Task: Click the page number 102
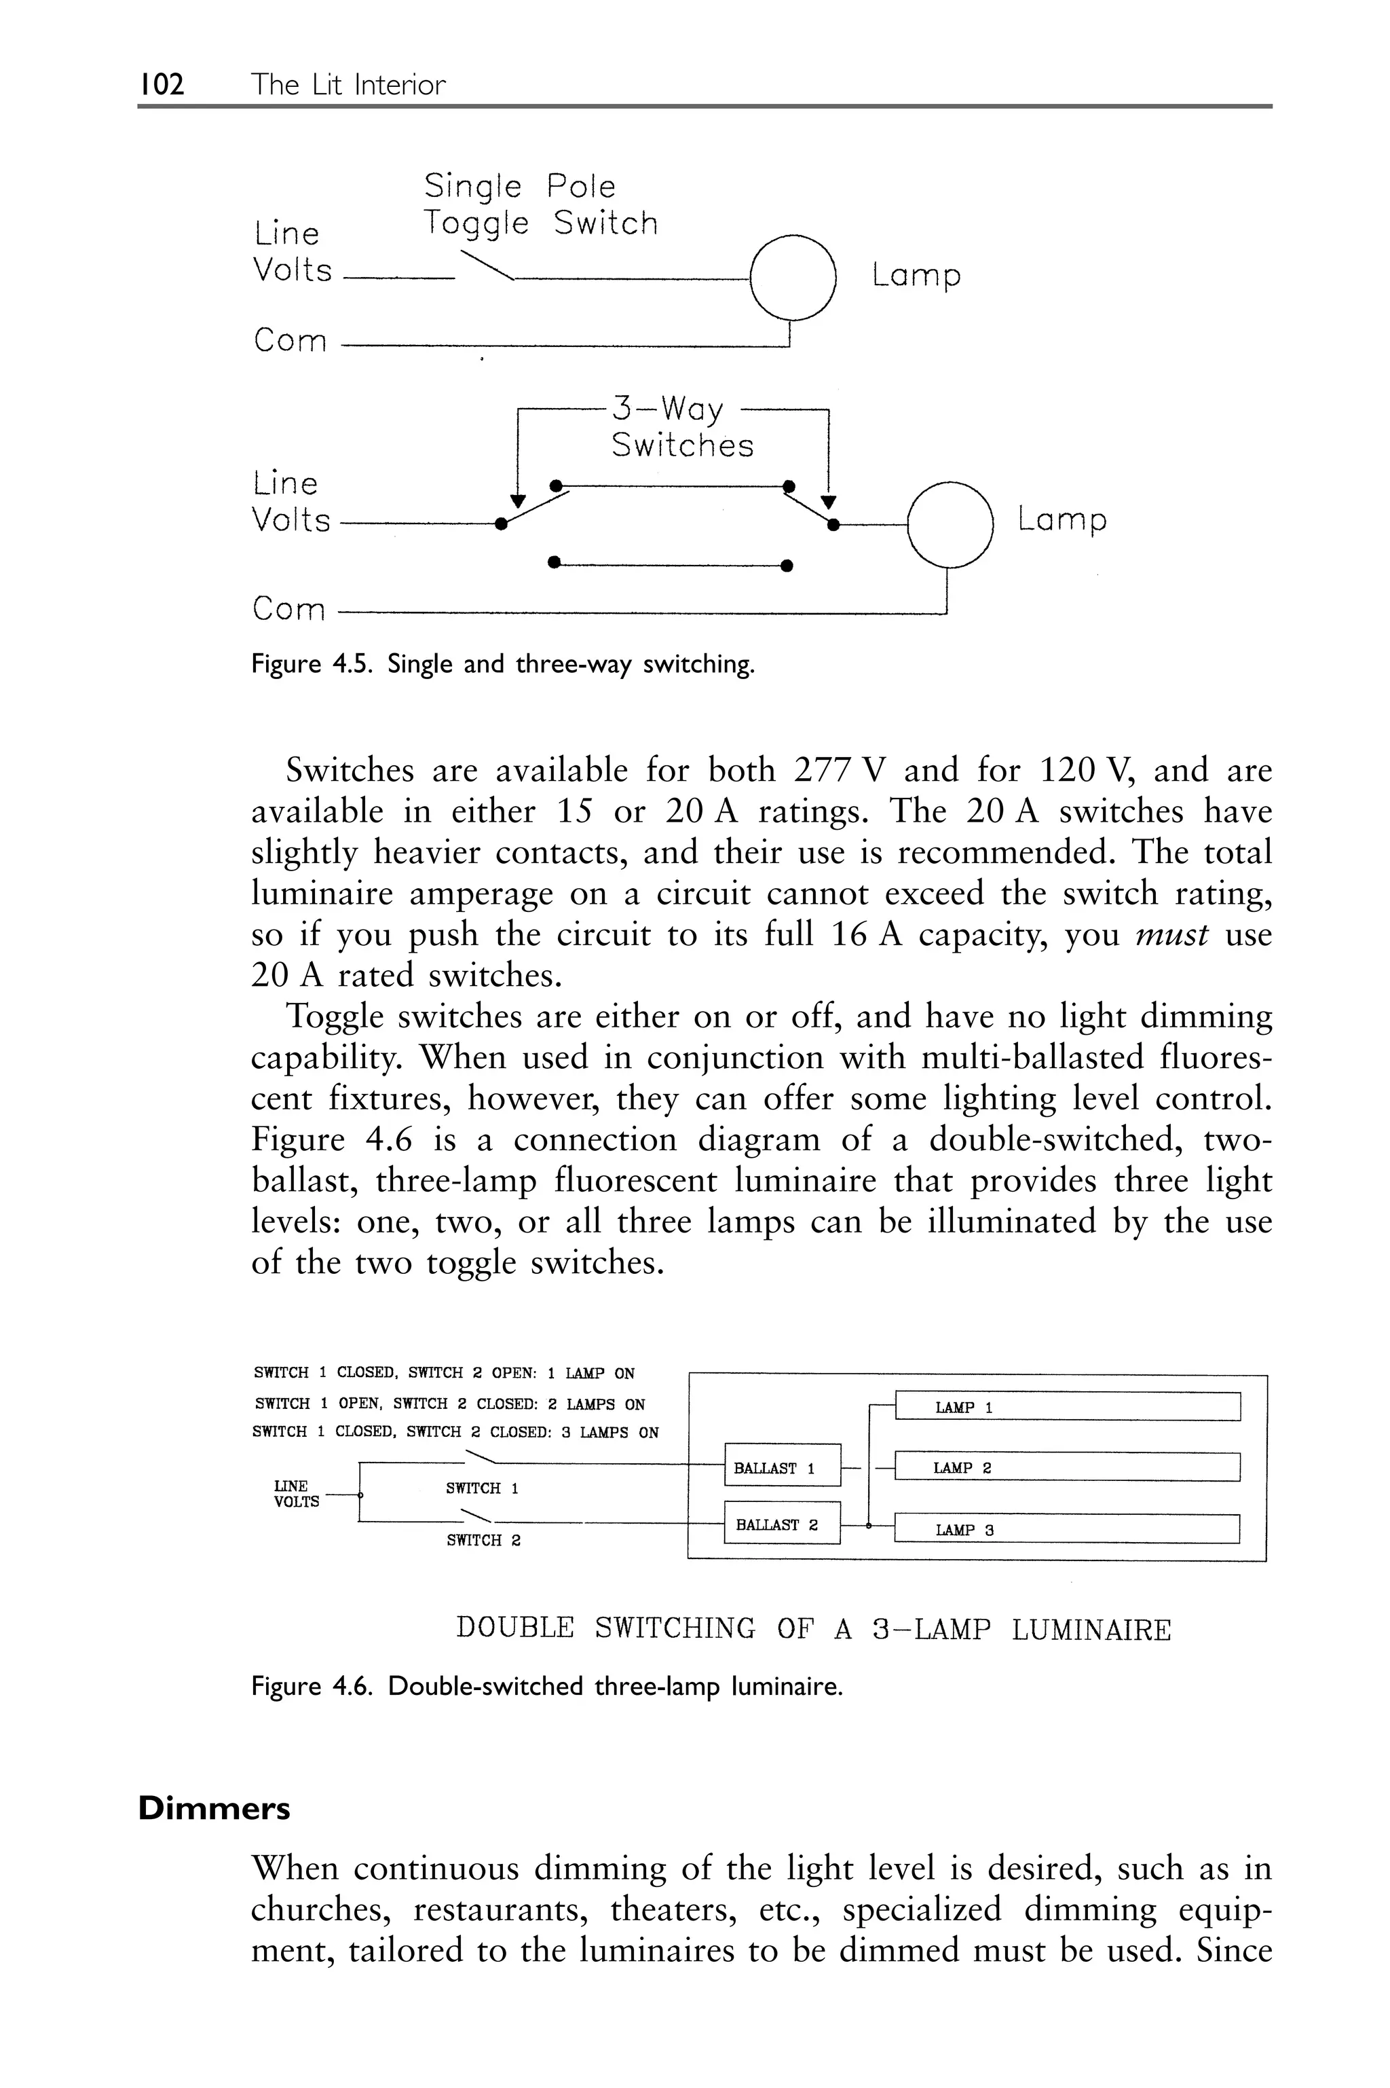162,85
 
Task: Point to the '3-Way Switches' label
681,427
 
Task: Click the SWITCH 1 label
481,1488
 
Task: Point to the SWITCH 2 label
483,1541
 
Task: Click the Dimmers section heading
214,1809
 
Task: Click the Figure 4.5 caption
503,664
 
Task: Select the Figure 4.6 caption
546,1687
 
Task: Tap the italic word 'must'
1171,934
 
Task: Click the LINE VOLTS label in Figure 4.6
295,1494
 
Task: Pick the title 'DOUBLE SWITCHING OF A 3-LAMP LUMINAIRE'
813,1630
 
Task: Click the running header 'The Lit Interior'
347,85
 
